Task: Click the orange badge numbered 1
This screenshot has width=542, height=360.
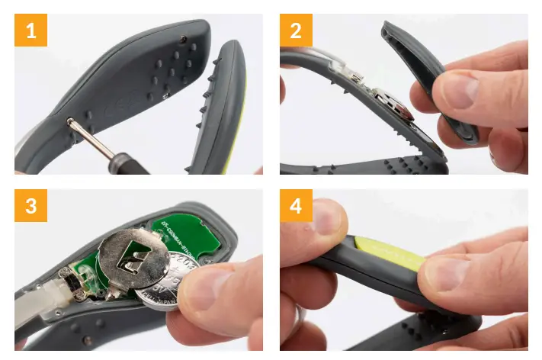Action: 30,31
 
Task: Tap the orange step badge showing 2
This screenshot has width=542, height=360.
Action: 296,31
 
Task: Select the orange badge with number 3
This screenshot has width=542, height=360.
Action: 30,205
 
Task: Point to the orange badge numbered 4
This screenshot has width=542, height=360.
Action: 296,205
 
